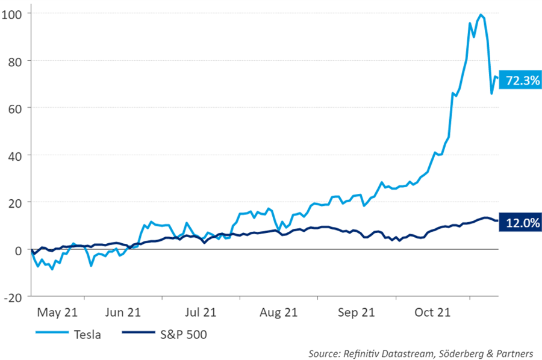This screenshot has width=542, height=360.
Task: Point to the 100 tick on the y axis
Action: (14, 13)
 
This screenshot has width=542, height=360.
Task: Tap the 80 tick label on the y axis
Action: (16, 61)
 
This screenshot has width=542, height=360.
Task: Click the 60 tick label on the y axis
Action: (16, 108)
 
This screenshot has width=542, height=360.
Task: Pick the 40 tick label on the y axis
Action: (16, 155)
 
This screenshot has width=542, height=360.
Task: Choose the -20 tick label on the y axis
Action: (14, 297)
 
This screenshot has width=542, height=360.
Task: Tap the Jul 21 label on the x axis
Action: (200, 312)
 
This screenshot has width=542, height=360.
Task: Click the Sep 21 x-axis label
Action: (357, 312)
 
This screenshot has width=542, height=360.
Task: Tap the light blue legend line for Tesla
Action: (49, 334)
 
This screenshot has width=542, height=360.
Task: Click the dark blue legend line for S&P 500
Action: (136, 334)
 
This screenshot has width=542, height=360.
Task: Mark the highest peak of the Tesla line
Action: (481, 14)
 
